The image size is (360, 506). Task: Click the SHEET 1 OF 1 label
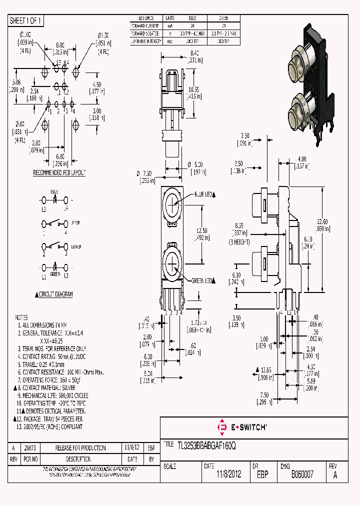pos(26,20)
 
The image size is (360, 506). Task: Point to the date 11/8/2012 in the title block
pos(228,474)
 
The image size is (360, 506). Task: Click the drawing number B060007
pos(302,474)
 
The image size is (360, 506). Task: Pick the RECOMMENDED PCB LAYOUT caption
pos(59,173)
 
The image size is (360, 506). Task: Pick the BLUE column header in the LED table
pos(192,18)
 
